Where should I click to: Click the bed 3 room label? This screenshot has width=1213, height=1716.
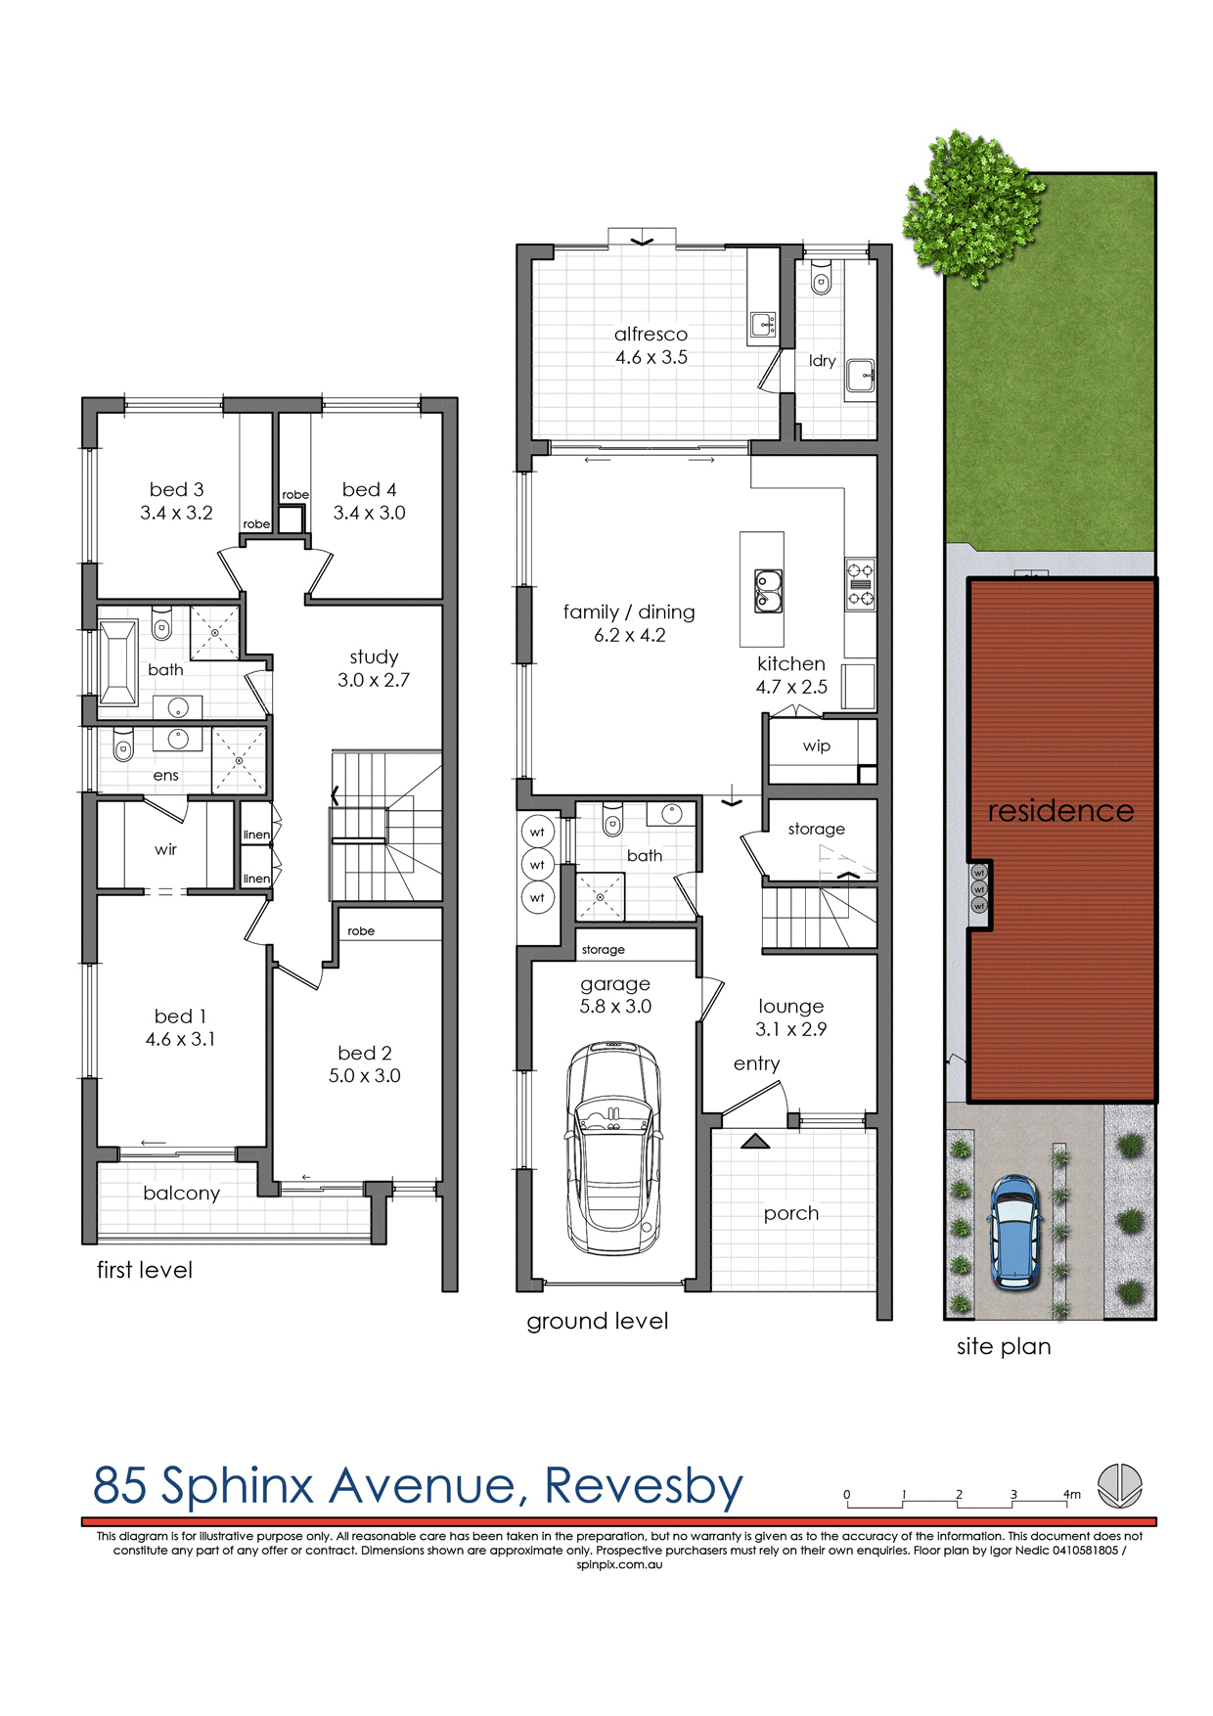coord(176,489)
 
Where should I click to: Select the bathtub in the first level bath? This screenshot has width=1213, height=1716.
coord(117,662)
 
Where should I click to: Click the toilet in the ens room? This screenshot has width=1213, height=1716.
coord(122,749)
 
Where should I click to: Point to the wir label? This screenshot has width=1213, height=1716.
coord(165,849)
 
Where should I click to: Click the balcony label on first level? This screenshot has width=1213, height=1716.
coord(181,1193)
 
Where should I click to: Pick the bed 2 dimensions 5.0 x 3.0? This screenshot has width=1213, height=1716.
coord(364,1075)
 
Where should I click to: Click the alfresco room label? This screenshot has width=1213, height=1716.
coord(651,334)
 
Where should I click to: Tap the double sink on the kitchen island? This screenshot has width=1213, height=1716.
coord(768,591)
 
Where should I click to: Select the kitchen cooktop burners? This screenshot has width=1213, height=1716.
coord(860,584)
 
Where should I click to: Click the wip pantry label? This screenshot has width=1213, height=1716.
coord(816,745)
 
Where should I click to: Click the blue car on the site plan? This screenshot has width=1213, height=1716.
coord(1015,1232)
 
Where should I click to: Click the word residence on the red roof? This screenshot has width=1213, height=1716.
coord(1060,810)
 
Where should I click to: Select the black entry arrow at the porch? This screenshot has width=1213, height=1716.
coord(754,1141)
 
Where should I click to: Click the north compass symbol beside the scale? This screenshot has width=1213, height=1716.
coord(1119,1485)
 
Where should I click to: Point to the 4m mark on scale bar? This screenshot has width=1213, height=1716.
coord(1071,1494)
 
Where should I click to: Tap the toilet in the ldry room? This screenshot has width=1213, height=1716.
coord(821,282)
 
